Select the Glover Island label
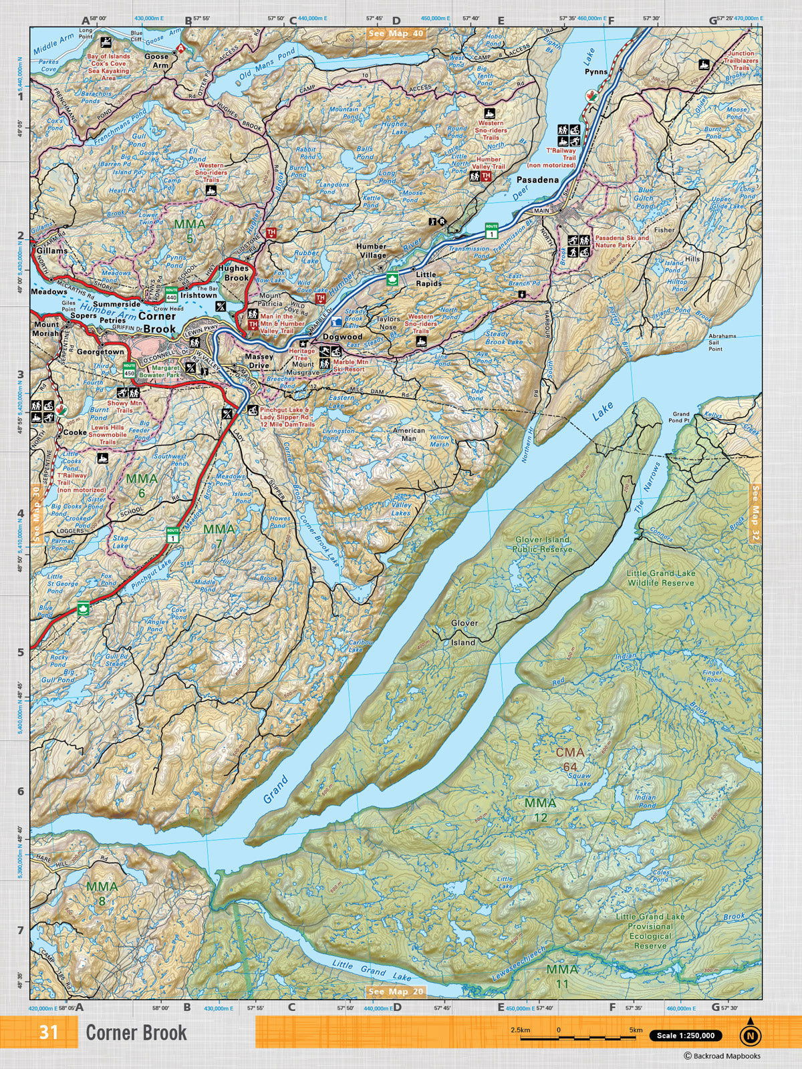464,632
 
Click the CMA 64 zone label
571,757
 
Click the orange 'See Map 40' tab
396,33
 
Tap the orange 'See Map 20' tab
396,1010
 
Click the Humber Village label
372,251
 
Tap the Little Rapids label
426,279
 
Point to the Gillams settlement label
52,251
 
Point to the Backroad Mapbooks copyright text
721,1056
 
